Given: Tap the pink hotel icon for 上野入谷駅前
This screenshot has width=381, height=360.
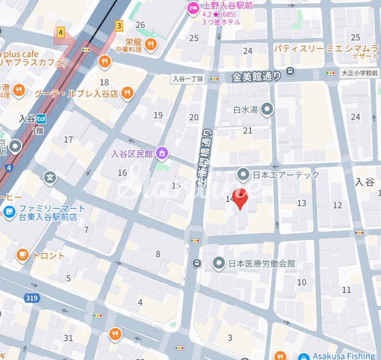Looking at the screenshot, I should coord(193,8).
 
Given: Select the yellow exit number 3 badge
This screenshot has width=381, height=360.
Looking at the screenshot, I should coord(119,25).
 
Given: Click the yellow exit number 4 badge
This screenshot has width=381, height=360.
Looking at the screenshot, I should coord(60,33).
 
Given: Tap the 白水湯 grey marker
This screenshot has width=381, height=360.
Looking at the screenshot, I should coord(267,109).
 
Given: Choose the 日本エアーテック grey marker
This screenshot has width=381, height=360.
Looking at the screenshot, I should coord(244,174).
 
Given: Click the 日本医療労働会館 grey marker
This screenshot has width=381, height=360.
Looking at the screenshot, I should coord(219,263).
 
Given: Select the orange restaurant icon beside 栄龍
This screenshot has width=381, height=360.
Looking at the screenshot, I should coord(151,45).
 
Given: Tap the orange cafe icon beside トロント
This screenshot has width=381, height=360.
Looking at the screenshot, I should coord(22,255).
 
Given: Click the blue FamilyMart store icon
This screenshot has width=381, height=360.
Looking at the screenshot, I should coord(8,212).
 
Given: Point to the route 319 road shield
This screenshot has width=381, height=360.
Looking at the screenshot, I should coord(32,298).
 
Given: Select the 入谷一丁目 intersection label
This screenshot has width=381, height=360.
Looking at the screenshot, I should coord(188,78).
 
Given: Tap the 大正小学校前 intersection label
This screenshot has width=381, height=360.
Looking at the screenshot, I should coord(359,73).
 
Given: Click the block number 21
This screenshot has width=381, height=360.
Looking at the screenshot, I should coord(248,131).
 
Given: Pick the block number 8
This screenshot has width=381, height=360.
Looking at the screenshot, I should coord(158,254).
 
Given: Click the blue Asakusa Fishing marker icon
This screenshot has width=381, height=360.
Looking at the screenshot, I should coord(303,357).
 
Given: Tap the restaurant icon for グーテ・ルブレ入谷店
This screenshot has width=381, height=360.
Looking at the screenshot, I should coord(127,93).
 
